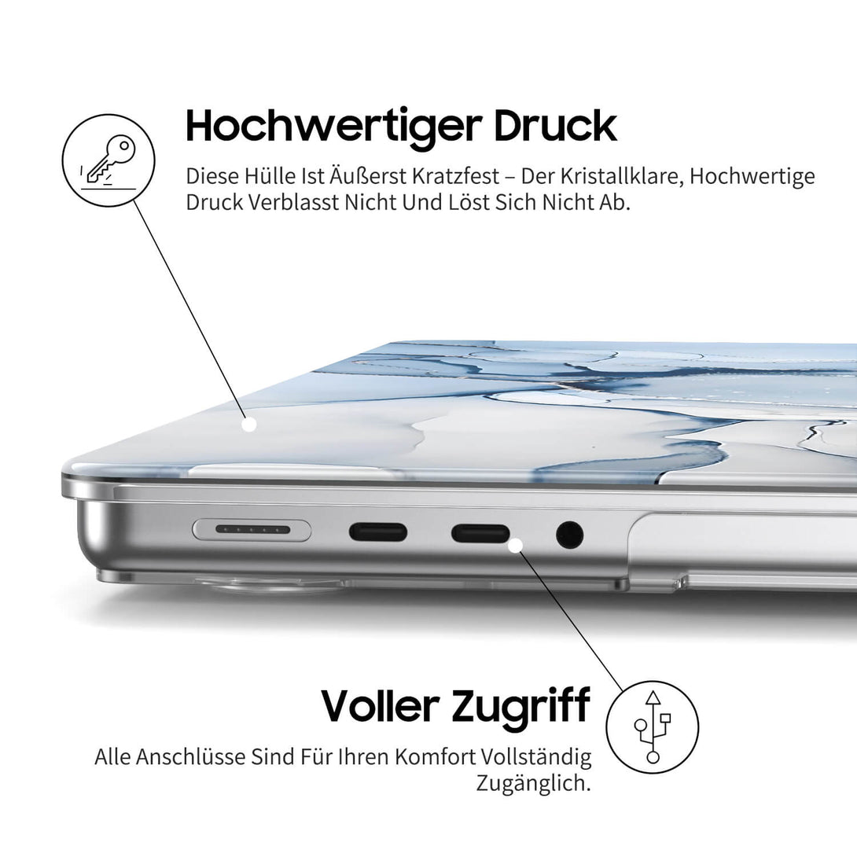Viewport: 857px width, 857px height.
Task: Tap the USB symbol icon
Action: tap(653, 726)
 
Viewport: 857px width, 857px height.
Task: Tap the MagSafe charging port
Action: tap(252, 531)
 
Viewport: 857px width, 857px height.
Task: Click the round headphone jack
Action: tap(569, 535)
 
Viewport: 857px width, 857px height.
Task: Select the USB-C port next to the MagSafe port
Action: tap(378, 532)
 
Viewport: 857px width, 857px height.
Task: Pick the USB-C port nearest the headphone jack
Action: tap(480, 534)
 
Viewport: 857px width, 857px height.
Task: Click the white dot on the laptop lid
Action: tap(249, 425)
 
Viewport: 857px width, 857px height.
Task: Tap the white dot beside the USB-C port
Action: tap(517, 544)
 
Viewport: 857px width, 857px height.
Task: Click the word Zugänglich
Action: tap(533, 783)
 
